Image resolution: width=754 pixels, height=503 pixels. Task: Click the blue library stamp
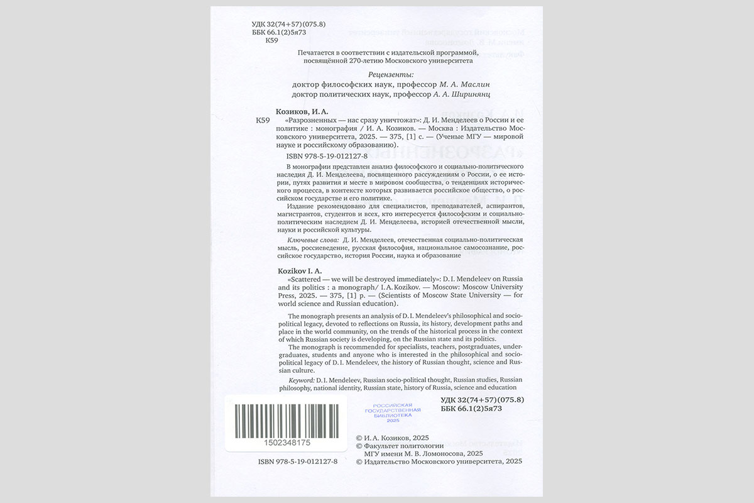click(393, 412)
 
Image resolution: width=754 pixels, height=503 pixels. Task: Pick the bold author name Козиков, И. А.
click(303, 111)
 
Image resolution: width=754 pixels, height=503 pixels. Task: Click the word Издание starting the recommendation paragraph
click(300, 206)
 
